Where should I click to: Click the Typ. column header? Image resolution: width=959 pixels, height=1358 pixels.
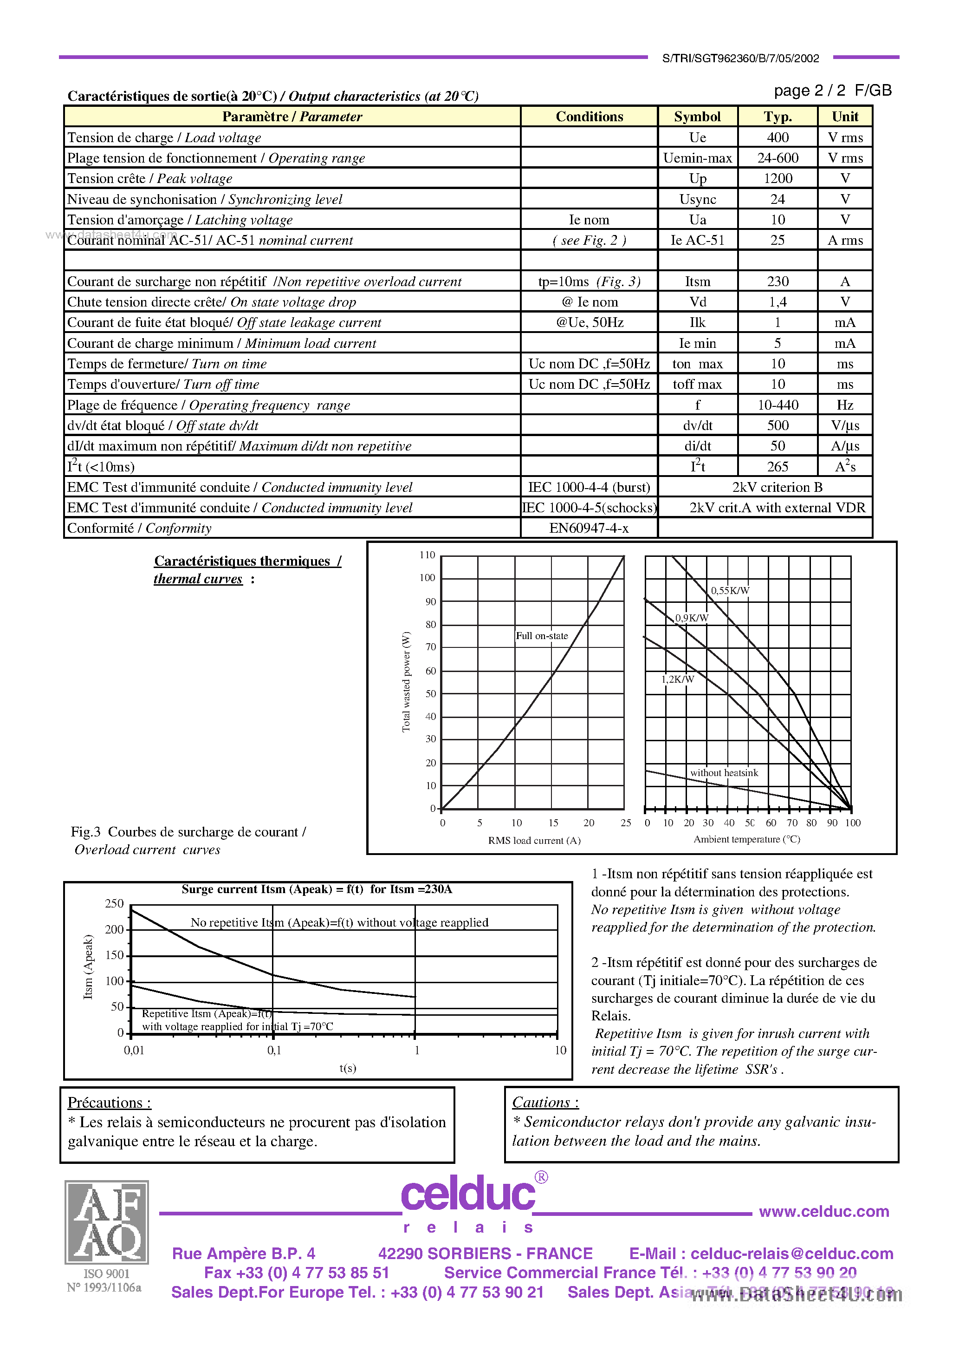[777, 117]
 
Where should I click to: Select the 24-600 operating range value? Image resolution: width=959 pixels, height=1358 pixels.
[777, 158]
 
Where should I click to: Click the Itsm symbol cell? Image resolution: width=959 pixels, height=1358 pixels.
[697, 281]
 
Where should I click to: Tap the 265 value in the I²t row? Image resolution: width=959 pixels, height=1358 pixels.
[777, 467]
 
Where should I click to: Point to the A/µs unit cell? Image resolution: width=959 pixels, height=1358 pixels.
[844, 446]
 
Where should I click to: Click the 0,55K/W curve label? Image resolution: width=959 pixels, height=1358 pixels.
[730, 590]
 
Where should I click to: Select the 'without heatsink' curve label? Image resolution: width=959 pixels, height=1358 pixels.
[724, 772]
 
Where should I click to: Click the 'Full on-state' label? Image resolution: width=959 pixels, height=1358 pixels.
[542, 636]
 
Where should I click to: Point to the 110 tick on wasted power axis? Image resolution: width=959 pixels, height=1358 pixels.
[427, 555]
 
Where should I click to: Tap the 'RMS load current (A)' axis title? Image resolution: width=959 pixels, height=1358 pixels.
[534, 841]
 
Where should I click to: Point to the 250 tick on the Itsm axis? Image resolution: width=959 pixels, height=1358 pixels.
[114, 904]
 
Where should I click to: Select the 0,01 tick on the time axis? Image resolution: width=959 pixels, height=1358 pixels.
[134, 1051]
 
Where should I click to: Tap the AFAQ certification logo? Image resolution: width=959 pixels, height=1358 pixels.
[106, 1222]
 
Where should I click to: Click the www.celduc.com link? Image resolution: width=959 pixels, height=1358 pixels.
[823, 1211]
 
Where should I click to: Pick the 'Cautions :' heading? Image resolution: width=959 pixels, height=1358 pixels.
[545, 1103]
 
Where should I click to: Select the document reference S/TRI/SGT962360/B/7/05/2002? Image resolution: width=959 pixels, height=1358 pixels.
[740, 58]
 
